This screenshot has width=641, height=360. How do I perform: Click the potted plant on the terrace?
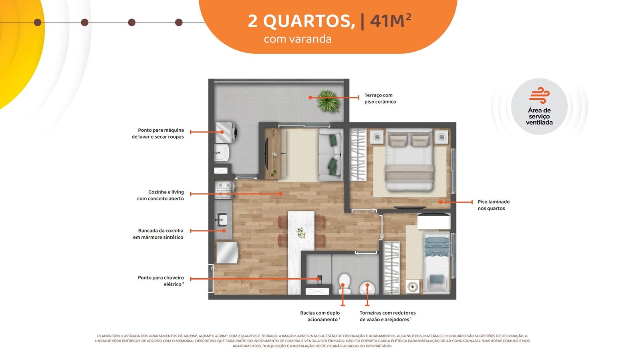tap(328, 101)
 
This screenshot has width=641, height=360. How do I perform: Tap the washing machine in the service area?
tap(226, 133)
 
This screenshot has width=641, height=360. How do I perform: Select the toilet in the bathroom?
tap(345, 284)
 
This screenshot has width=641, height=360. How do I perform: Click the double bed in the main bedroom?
tap(409, 160)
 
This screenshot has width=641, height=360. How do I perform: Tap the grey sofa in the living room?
tap(331, 155)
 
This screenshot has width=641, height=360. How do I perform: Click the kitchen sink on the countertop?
tap(222, 220)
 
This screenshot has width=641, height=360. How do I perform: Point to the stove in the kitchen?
tap(225, 190)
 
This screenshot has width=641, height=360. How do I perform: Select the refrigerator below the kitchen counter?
tap(227, 253)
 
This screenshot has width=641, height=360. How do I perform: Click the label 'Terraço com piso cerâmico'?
tap(380, 99)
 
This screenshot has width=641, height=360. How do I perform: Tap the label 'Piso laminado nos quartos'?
tap(493, 205)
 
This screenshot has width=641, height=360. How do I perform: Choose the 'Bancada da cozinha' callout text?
tap(158, 234)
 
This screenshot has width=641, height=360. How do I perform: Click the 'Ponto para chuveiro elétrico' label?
tap(161, 281)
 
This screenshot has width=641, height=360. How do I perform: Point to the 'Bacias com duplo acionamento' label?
tap(320, 316)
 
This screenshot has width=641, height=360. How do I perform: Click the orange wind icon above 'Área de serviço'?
tap(539, 95)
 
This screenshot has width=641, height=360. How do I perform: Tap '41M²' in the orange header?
tap(391, 21)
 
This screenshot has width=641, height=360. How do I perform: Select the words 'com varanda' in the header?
tap(298, 39)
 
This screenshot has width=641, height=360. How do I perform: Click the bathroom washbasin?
tap(367, 288)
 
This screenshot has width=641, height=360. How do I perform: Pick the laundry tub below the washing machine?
tap(222, 153)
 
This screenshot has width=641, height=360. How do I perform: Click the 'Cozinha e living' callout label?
tap(160, 195)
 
